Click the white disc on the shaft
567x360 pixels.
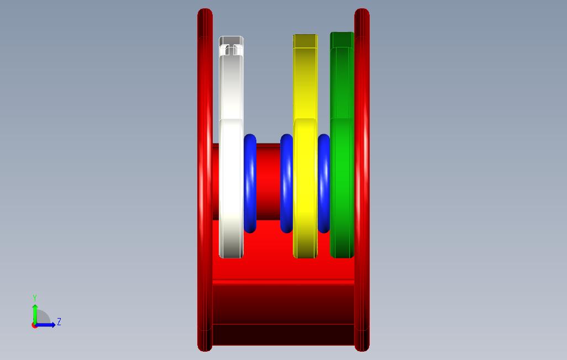pyautogui.click(x=232, y=152)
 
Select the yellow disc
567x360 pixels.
pyautogui.click(x=306, y=152)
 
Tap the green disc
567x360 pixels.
pyautogui.click(x=342, y=152)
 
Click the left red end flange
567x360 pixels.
pyautogui.click(x=205, y=180)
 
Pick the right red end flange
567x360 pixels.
pyautogui.click(x=362, y=180)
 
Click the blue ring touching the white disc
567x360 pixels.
pyautogui.click(x=250, y=183)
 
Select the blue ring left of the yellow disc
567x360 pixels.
pyautogui.click(x=286, y=183)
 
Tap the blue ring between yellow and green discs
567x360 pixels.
pyautogui.click(x=324, y=183)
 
